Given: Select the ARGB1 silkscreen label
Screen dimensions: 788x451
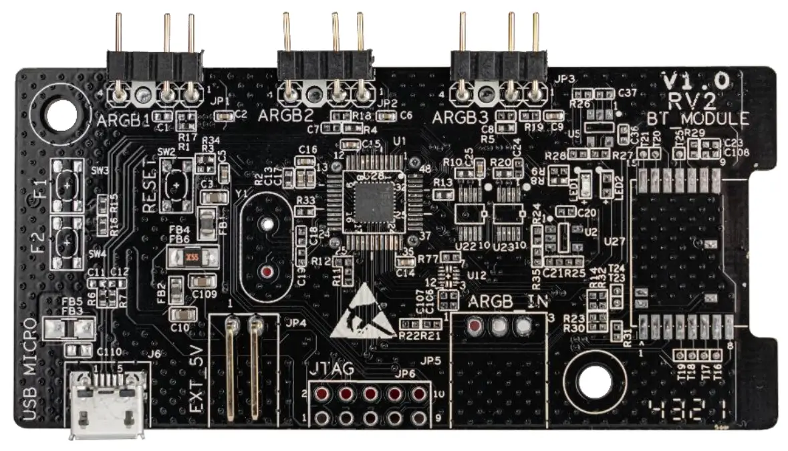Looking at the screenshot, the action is (x=123, y=122).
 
